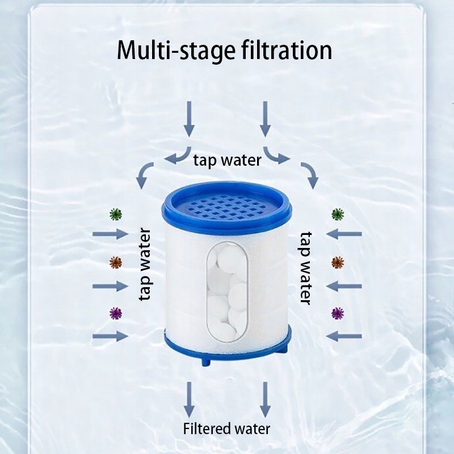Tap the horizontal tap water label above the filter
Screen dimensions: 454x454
(x=227, y=160)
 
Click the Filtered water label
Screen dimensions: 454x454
(x=227, y=428)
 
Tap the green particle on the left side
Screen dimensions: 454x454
(x=116, y=214)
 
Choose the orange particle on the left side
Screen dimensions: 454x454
(x=116, y=262)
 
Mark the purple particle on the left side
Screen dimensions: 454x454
(x=116, y=312)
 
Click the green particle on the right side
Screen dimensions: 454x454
(x=338, y=214)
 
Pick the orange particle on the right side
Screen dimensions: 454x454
(x=338, y=262)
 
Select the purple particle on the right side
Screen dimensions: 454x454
(x=338, y=312)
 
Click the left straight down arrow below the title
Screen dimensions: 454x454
(x=189, y=119)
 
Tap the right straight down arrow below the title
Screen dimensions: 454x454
(x=264, y=119)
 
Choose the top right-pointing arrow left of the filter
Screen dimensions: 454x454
(x=110, y=234)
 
